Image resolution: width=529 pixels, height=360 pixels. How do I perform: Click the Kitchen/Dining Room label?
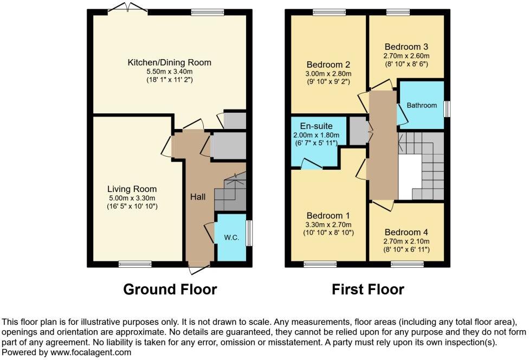click(169, 62)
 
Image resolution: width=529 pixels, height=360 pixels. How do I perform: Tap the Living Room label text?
click(132, 189)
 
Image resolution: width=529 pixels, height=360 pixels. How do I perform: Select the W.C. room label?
click(231, 237)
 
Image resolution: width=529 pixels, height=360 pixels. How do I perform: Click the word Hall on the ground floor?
click(197, 197)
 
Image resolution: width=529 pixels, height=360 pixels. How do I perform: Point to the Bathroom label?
click(422, 105)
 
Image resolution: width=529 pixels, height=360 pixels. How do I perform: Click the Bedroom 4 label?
click(406, 232)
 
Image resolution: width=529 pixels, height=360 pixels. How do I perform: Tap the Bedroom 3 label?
click(406, 47)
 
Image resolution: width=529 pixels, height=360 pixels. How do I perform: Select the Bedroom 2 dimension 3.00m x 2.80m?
click(328, 74)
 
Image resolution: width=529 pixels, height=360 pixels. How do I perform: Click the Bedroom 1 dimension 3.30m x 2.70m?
click(328, 225)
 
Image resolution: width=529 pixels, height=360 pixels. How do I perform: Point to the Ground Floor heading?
click(170, 290)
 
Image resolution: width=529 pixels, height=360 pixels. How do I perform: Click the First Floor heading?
click(368, 290)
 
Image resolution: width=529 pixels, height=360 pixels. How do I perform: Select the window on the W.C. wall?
click(249, 233)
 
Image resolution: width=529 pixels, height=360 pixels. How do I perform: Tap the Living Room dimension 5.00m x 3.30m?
click(132, 198)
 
